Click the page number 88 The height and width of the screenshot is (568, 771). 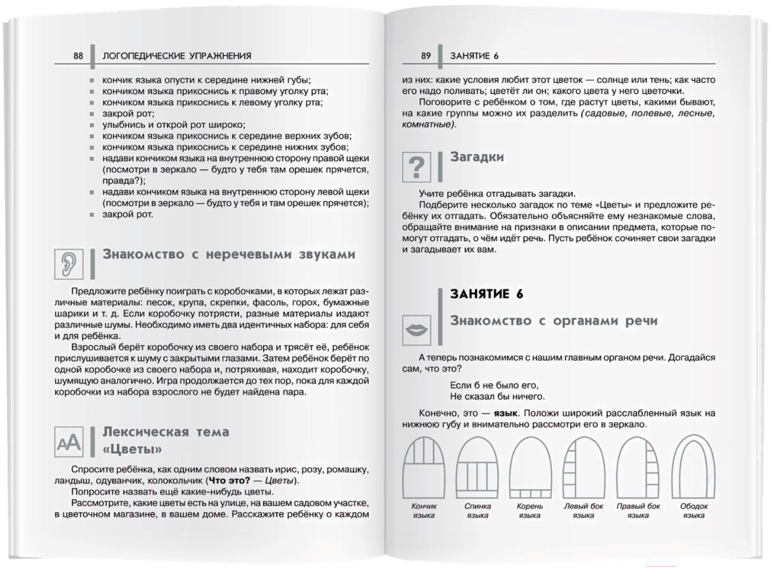(78, 56)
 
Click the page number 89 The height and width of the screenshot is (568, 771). (426, 56)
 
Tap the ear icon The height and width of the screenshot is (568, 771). (69, 264)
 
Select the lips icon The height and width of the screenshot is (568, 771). (416, 330)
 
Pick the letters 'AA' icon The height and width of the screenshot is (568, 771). (69, 442)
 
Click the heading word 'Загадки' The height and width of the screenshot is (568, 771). (477, 157)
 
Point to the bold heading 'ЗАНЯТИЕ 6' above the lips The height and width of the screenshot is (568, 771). (487, 294)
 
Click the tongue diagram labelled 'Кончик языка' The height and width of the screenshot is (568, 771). (424, 466)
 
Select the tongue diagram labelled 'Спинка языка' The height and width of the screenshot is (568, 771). (478, 466)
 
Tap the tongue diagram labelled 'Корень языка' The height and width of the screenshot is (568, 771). (530, 466)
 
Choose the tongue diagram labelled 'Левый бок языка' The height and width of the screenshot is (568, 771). (583, 466)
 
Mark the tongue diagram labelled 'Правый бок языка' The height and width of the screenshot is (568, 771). (638, 466)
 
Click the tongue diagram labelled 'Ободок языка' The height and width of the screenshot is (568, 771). (693, 466)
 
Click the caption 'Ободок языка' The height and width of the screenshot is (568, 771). (694, 511)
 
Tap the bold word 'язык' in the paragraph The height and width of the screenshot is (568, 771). (505, 413)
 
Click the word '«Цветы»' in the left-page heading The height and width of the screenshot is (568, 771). (133, 449)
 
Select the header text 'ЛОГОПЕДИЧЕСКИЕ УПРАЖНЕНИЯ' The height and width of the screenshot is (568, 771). (177, 56)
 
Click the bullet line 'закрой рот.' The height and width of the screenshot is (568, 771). (128, 214)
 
